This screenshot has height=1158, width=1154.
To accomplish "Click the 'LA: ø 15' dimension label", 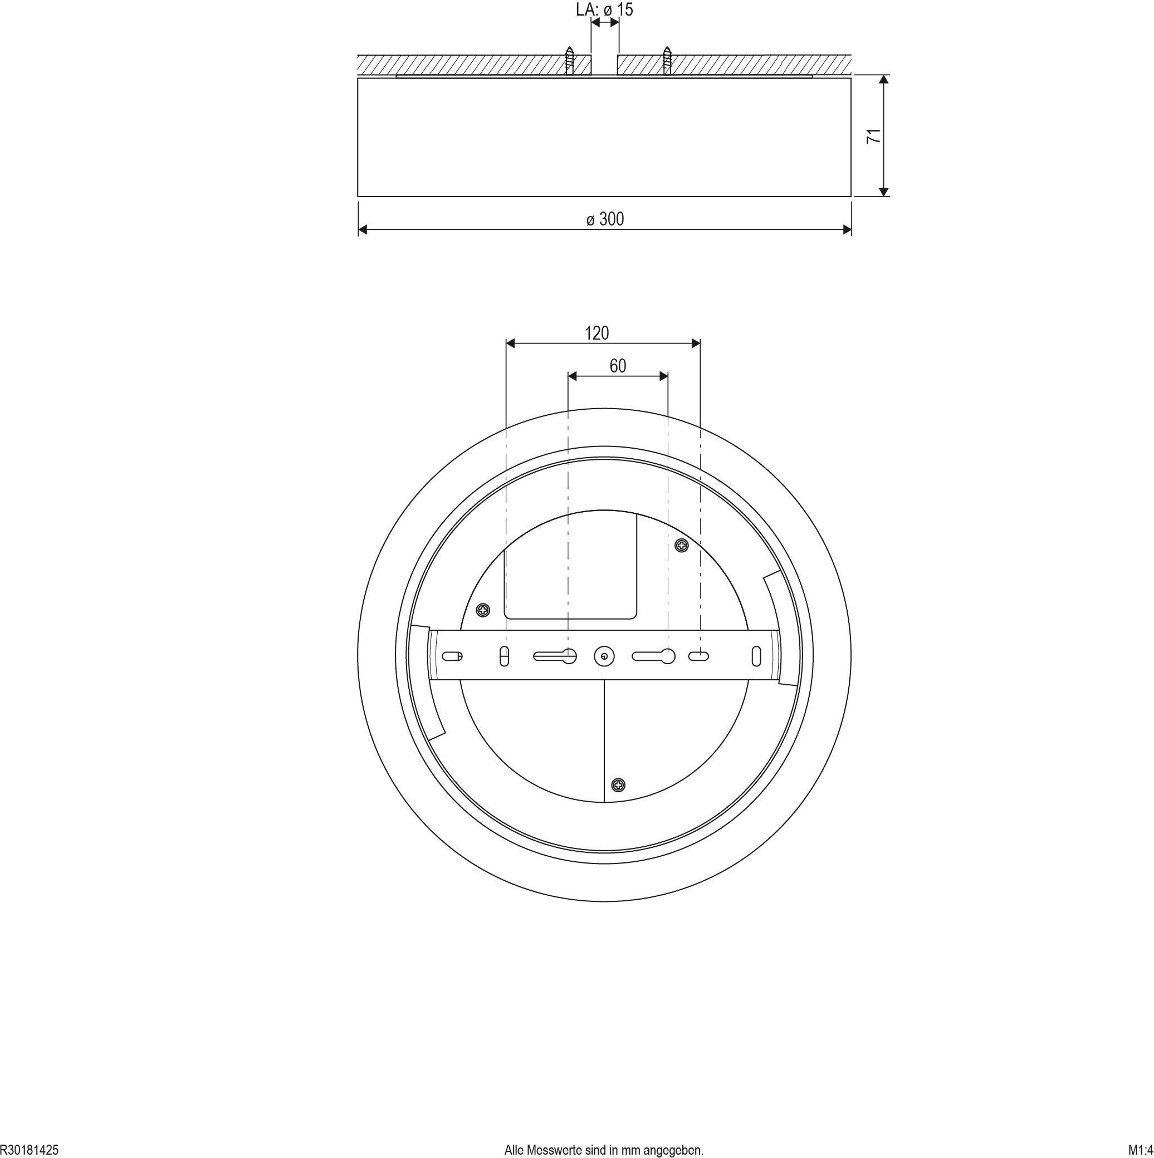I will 604,9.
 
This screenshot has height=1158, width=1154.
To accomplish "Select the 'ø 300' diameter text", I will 605,219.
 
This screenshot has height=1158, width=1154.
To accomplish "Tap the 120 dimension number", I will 596,333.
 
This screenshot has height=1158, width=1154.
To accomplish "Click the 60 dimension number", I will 618,366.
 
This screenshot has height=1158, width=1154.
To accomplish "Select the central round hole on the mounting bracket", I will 604,657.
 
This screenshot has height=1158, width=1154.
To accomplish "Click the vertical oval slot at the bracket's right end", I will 756,656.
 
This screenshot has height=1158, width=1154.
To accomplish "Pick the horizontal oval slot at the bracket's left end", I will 452,656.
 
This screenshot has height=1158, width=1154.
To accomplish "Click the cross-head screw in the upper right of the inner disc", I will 682,546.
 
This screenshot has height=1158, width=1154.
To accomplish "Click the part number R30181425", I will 30,1150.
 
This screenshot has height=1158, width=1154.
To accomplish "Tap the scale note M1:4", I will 1140,1150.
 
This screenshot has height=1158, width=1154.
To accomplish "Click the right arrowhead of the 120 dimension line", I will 696,344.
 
